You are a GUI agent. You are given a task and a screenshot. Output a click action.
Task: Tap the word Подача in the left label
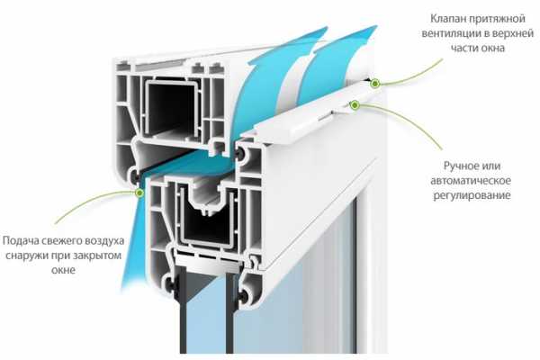[22, 243]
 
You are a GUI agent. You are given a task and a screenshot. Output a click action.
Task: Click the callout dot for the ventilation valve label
[374, 83]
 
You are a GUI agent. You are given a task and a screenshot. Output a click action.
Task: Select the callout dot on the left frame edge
[139, 191]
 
